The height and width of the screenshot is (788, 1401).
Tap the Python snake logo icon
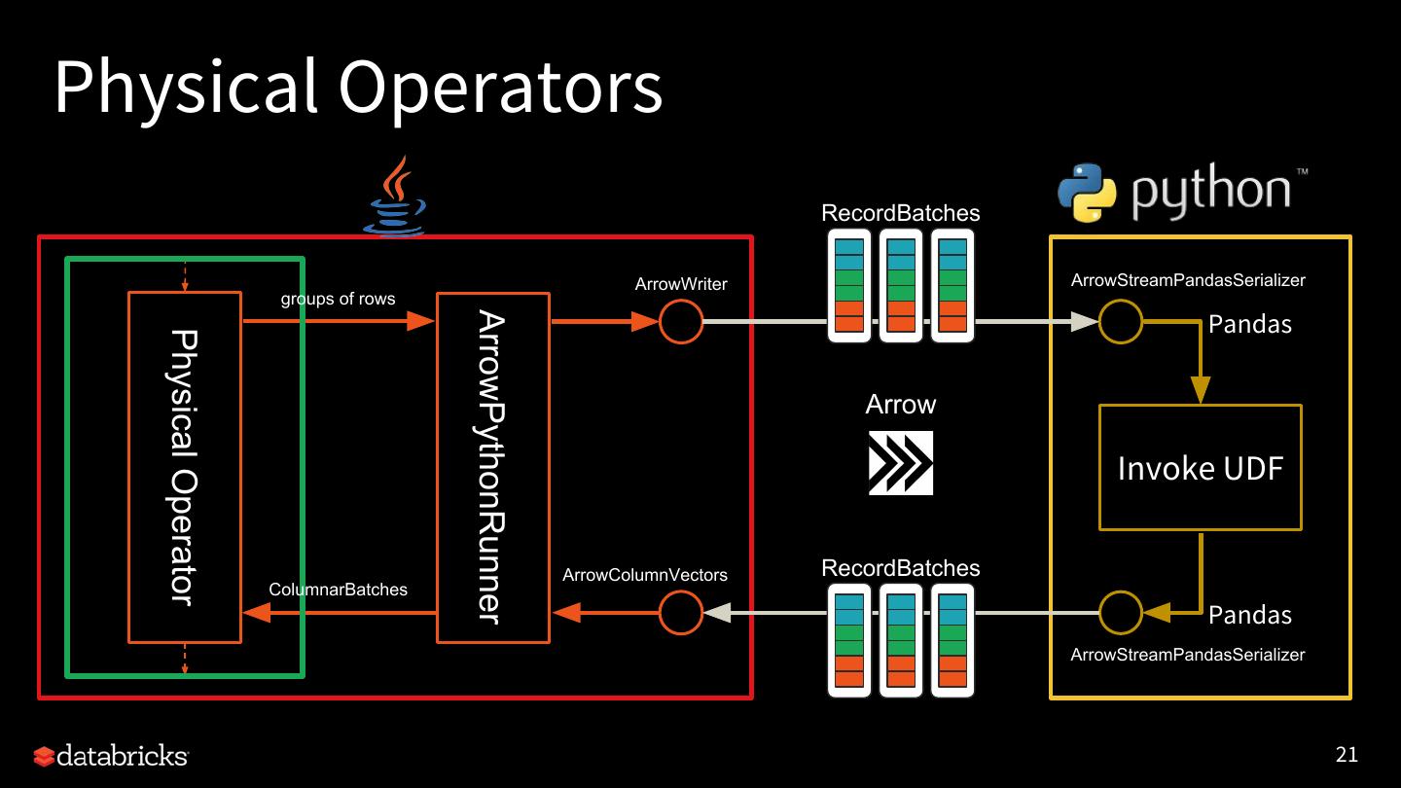click(x=1087, y=193)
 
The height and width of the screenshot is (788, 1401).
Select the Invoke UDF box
click(x=1200, y=468)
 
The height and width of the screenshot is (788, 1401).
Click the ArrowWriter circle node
click(x=681, y=321)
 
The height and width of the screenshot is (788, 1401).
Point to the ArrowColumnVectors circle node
click(x=681, y=613)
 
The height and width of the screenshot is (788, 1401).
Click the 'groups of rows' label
click(x=338, y=299)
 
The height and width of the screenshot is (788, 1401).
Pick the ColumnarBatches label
click(x=338, y=590)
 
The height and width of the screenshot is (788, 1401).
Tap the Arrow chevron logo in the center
click(x=900, y=463)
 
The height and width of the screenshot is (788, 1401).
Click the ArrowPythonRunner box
click(x=492, y=468)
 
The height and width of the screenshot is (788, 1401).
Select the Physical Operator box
click(x=184, y=468)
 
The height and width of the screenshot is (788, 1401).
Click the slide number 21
click(x=1347, y=755)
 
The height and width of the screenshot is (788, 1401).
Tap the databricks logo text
click(x=122, y=756)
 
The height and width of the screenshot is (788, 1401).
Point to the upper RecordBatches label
click(x=900, y=213)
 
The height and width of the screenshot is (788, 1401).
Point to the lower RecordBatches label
click(x=900, y=568)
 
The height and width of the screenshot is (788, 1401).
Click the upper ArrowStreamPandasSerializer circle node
click(x=1121, y=321)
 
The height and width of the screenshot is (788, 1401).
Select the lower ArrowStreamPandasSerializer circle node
click(x=1121, y=613)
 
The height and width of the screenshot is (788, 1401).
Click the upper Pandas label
click(x=1249, y=325)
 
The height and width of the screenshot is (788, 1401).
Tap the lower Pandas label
click(x=1249, y=615)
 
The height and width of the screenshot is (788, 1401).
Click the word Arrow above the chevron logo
click(x=900, y=405)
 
